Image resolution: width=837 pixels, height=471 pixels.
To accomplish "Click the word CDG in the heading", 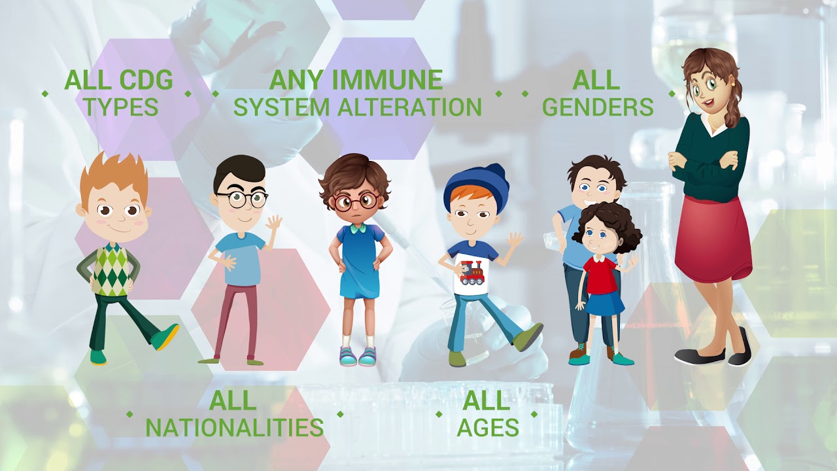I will [146, 80].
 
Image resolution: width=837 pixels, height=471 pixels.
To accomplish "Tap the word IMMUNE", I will [387, 80].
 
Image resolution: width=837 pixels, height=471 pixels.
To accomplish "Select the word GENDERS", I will [598, 107].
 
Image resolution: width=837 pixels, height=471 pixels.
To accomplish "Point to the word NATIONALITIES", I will [235, 428].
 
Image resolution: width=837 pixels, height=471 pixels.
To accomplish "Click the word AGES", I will [488, 428].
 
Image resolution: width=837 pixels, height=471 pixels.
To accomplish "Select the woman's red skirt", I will [713, 239].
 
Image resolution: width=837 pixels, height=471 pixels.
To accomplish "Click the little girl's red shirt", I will [600, 275].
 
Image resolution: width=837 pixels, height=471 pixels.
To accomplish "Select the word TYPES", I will [121, 107].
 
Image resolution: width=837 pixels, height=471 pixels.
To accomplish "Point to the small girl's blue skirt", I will [605, 304].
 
